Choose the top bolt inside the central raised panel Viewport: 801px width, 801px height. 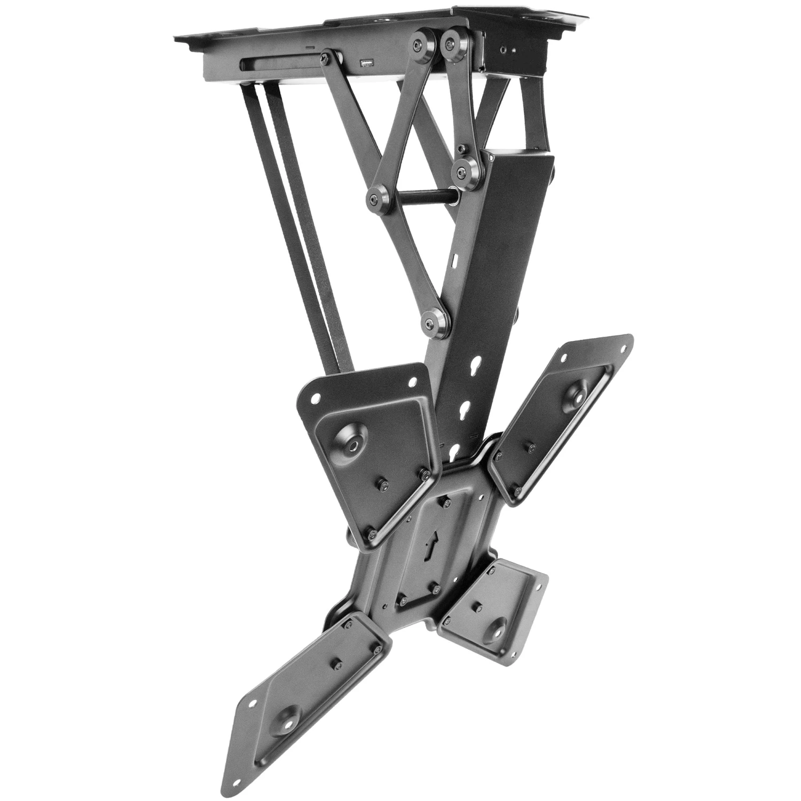[x=445, y=504]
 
